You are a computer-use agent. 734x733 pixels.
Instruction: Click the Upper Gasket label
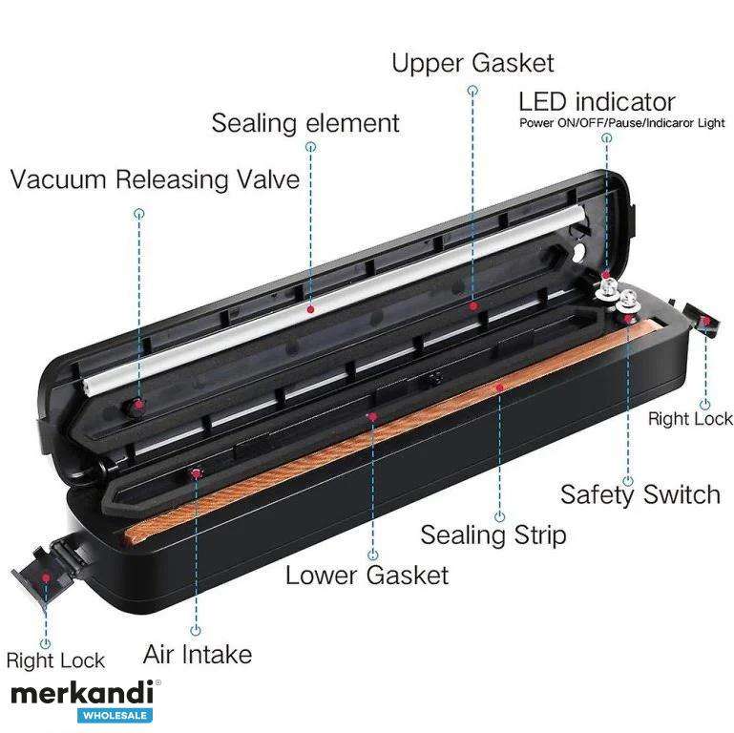(472, 63)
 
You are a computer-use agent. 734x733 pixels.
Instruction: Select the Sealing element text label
(305, 123)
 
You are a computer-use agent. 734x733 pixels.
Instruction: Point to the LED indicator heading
(597, 101)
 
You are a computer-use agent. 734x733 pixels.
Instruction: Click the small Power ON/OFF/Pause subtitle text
(621, 123)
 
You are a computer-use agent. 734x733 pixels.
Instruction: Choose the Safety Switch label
(640, 494)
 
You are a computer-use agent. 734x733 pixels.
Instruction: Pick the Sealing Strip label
(493, 535)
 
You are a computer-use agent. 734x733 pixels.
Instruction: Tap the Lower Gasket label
(367, 575)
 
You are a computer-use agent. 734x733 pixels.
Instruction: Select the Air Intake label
(197, 654)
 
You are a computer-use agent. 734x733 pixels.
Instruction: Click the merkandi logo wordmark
(82, 693)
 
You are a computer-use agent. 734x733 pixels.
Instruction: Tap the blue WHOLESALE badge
(115, 716)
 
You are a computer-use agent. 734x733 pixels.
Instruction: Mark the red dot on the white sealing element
(310, 309)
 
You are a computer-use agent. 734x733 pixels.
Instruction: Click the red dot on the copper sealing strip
(499, 387)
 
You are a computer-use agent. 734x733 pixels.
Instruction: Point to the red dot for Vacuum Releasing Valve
(138, 404)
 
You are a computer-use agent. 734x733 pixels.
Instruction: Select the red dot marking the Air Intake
(196, 473)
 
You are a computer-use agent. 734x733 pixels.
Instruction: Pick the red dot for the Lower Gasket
(372, 416)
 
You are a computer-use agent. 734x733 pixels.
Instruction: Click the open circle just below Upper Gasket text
(472, 90)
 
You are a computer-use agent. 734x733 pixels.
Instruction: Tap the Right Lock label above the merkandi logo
(55, 660)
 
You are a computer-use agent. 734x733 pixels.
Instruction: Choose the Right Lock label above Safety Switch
(690, 419)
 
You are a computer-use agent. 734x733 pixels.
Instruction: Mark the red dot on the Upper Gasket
(473, 305)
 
